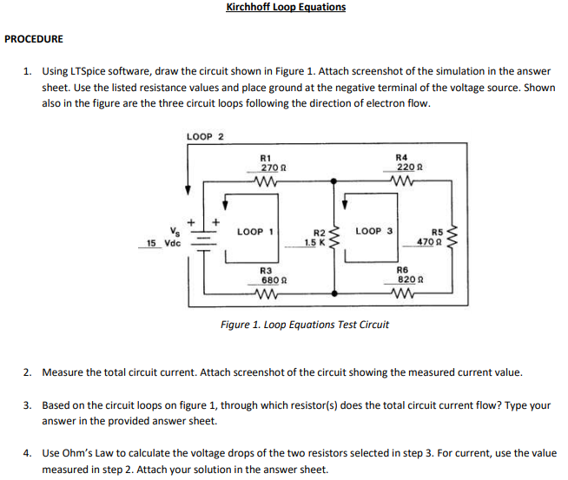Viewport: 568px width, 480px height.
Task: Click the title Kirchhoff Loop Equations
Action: click(x=285, y=7)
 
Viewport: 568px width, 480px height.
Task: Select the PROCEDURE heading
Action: click(x=34, y=39)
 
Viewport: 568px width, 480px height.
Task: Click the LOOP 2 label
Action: click(x=205, y=136)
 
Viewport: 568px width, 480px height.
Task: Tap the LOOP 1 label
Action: click(x=255, y=232)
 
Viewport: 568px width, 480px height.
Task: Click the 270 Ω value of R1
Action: click(x=268, y=166)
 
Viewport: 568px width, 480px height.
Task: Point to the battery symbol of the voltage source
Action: click(x=205, y=237)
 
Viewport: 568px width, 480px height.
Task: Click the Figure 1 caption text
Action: click(x=305, y=325)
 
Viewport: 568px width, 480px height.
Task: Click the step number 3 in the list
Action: click(x=27, y=404)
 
